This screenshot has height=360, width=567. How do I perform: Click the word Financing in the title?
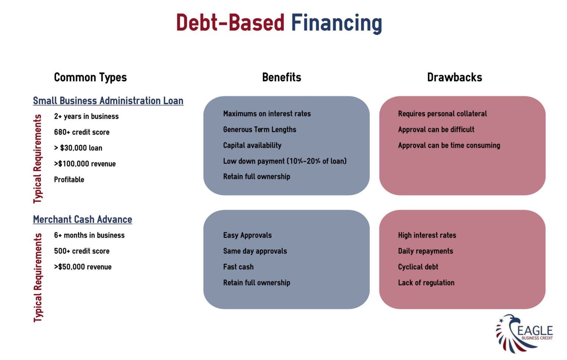pyautogui.click(x=336, y=23)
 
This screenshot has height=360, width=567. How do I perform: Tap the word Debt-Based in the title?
pyautogui.click(x=230, y=23)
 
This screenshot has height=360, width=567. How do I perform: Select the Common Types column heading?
pyautogui.click(x=90, y=77)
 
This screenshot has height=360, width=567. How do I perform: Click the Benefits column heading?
pyautogui.click(x=282, y=77)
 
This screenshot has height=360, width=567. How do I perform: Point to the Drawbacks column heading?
pyautogui.click(x=454, y=77)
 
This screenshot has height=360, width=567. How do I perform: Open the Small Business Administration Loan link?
pyautogui.click(x=108, y=101)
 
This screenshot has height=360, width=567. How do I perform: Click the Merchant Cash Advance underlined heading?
pyautogui.click(x=82, y=219)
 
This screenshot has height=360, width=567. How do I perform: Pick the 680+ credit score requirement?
pyautogui.click(x=82, y=132)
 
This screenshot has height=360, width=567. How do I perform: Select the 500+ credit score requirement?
pyautogui.click(x=82, y=251)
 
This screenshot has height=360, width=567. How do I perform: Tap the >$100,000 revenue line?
pyautogui.click(x=85, y=164)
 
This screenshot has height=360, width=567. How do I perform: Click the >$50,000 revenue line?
pyautogui.click(x=83, y=267)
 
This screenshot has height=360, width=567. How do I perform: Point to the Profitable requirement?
pyautogui.click(x=69, y=180)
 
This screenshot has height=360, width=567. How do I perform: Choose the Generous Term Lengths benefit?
pyautogui.click(x=260, y=130)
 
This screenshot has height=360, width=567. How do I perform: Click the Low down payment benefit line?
pyautogui.click(x=285, y=161)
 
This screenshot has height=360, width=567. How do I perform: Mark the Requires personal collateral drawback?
pyautogui.click(x=442, y=114)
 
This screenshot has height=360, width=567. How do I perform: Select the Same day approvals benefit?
pyautogui.click(x=255, y=251)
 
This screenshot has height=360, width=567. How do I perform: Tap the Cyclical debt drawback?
pyautogui.click(x=418, y=267)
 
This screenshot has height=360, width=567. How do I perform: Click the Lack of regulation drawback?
pyautogui.click(x=426, y=283)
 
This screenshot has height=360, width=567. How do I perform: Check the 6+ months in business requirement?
pyautogui.click(x=89, y=235)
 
